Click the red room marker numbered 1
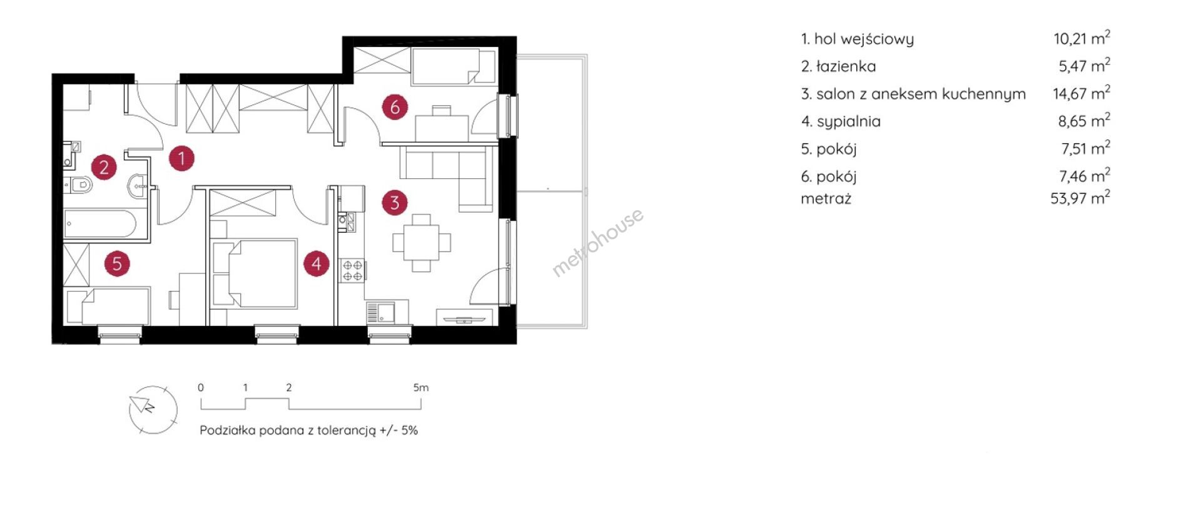point(181,158)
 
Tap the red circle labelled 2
point(104,167)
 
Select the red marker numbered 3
point(395,203)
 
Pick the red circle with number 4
point(317,263)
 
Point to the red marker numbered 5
point(117,263)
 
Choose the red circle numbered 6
point(395,107)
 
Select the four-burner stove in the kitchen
point(352,270)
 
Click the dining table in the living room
point(422,243)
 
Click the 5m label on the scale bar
point(421,388)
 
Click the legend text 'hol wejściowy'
point(864,39)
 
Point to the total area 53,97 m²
point(1080,198)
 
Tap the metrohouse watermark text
point(597,242)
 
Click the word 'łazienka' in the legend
point(846,66)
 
